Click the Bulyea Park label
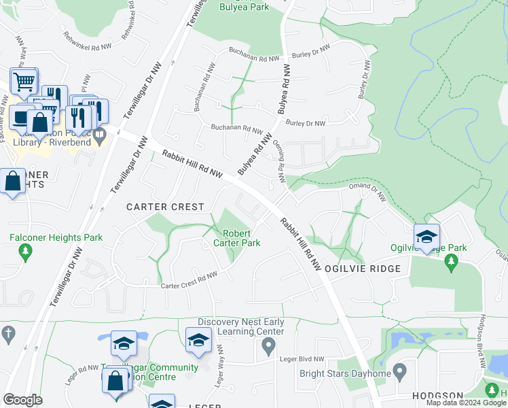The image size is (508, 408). [x=244, y=7]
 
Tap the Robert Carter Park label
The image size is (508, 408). [x=236, y=238]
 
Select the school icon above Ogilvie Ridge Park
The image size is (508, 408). [x=427, y=237]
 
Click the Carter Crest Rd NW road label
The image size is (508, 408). [x=189, y=281]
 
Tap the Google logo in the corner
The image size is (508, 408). [x=22, y=399]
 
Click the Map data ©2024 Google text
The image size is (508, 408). [x=466, y=403]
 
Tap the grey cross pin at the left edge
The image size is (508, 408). [x=7, y=334]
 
